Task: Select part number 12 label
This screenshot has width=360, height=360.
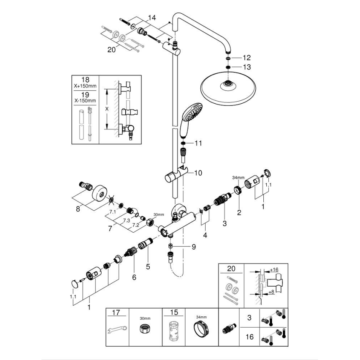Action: point(247,58)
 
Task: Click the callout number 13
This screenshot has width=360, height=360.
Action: point(247,67)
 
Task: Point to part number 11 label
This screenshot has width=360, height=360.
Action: point(198,143)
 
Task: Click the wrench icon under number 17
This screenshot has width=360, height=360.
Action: point(118,332)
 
